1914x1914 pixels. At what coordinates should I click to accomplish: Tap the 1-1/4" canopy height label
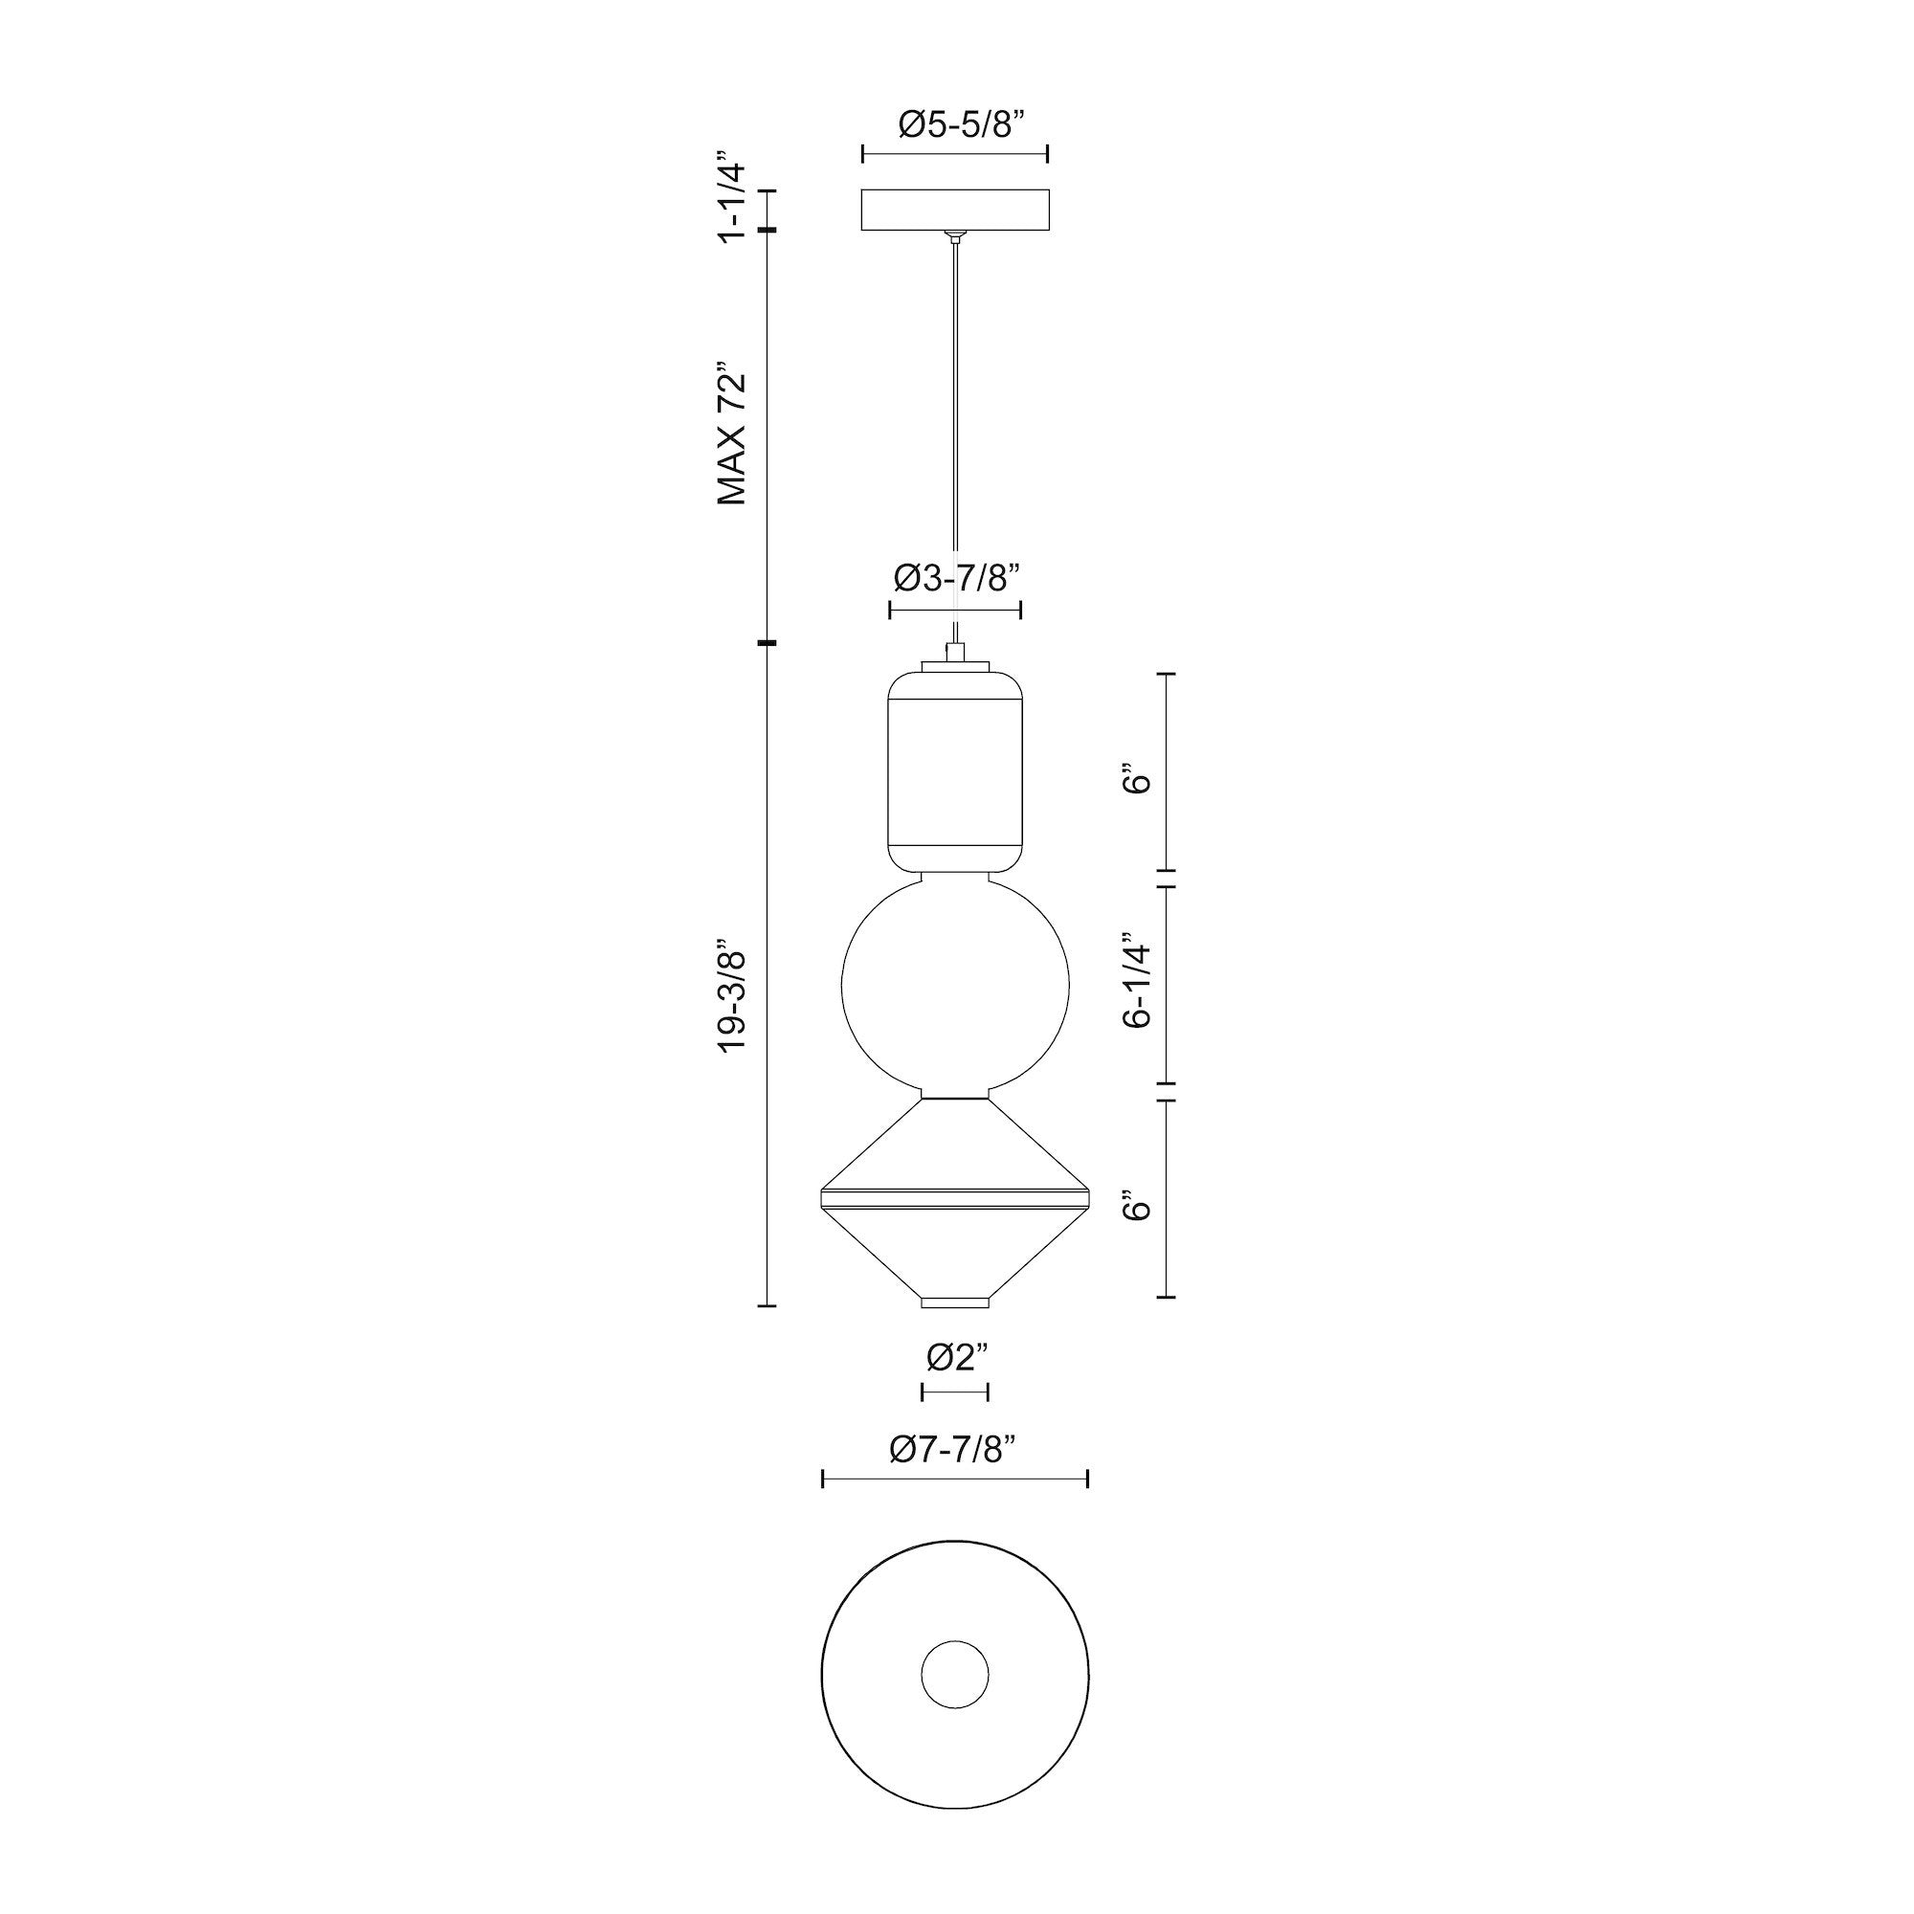(x=731, y=197)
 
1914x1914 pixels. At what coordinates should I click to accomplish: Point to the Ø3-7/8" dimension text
(x=955, y=578)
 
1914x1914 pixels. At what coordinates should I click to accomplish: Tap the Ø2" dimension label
(x=955, y=1358)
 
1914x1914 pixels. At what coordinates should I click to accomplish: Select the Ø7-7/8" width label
(x=955, y=1451)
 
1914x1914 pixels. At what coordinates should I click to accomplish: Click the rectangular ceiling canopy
(x=955, y=209)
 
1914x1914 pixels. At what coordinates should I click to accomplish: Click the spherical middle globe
(x=955, y=985)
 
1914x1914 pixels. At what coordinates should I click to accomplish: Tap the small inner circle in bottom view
(x=955, y=1676)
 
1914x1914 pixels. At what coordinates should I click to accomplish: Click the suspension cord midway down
(x=955, y=435)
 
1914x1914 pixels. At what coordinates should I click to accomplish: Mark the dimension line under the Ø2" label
(x=955, y=1391)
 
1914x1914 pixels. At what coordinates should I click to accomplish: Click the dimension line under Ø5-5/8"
(x=955, y=153)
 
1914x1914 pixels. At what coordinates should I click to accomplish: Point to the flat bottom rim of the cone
(x=955, y=1302)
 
